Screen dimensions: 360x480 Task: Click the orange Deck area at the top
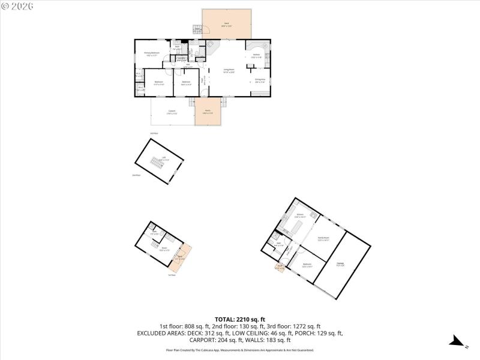tap(227, 24)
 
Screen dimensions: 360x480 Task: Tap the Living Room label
tap(229, 70)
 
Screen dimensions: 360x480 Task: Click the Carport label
tap(172, 112)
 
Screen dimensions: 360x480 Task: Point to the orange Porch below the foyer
tap(208, 112)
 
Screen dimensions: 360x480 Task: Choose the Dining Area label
tap(260, 80)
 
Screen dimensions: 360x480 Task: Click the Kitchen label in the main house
tap(256, 56)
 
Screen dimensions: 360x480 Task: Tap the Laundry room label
tap(181, 58)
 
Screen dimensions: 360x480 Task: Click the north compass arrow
tap(457, 342)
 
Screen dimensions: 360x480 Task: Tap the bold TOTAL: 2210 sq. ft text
tap(239, 319)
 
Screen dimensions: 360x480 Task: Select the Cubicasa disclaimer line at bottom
tap(239, 350)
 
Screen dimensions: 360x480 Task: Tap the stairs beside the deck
tap(197, 29)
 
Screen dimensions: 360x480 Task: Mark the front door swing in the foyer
tap(205, 92)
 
